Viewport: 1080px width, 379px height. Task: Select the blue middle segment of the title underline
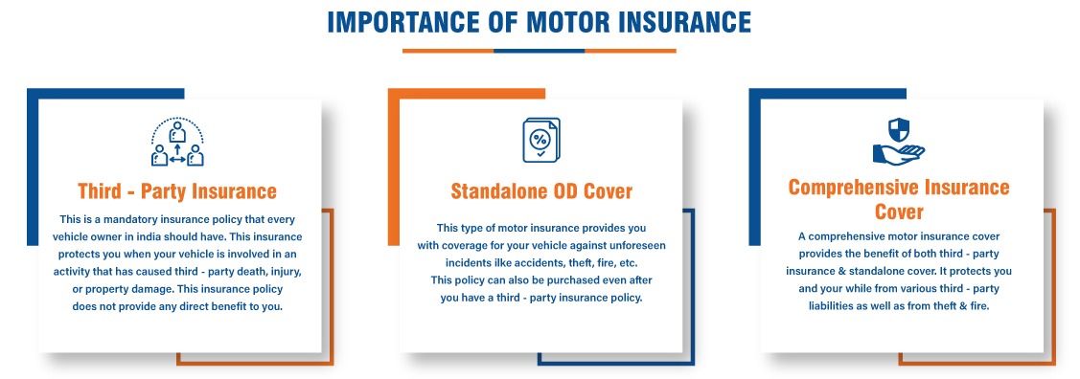[540, 50]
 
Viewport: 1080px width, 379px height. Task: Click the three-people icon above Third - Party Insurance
[177, 142]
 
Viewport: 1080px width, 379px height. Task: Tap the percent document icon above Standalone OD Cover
[541, 141]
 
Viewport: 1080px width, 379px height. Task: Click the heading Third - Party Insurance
[177, 190]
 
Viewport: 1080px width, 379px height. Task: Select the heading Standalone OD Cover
[541, 190]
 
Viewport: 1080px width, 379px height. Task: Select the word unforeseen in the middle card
[638, 245]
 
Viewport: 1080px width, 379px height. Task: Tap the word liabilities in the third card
[831, 306]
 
